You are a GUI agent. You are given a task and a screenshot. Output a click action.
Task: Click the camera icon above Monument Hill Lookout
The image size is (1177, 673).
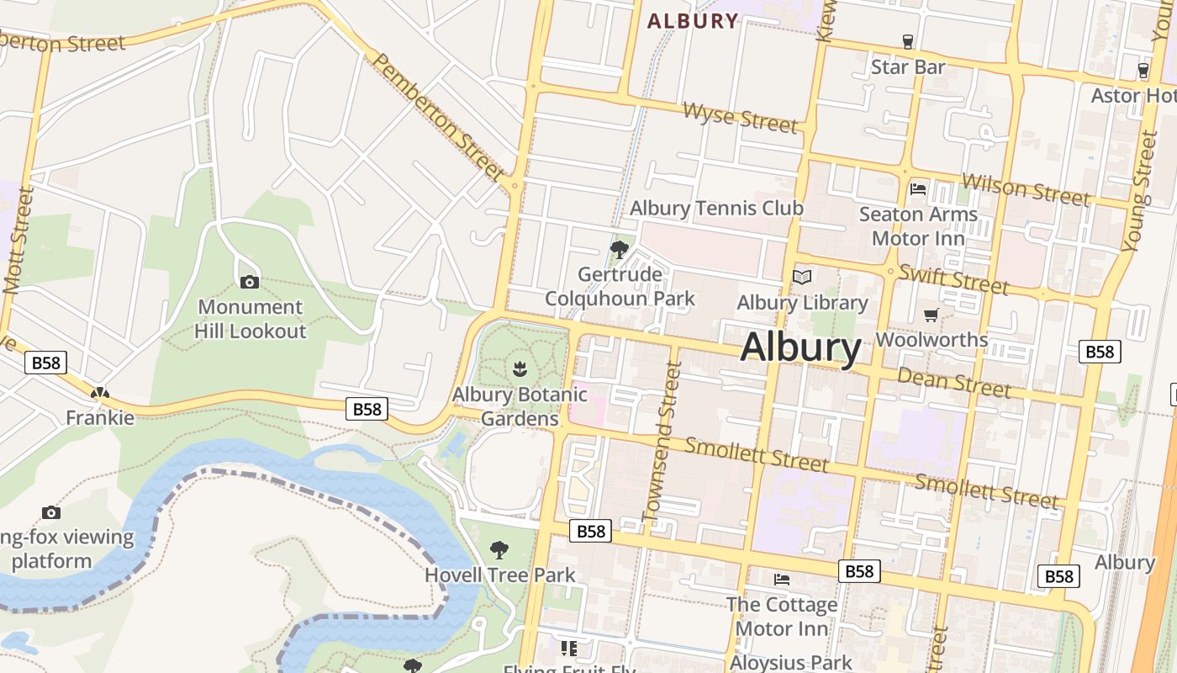click(250, 282)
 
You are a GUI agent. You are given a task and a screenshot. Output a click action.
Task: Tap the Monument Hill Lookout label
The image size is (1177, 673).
click(250, 319)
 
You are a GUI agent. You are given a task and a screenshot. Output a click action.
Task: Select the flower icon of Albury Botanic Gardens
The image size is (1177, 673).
click(520, 368)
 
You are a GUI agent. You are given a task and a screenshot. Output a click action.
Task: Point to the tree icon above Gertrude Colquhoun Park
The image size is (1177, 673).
click(620, 249)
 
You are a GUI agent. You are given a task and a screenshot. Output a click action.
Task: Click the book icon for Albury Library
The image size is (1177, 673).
click(802, 277)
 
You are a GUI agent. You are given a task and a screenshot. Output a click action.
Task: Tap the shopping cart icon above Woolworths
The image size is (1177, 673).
click(931, 315)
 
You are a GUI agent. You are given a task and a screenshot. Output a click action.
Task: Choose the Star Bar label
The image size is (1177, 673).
click(908, 66)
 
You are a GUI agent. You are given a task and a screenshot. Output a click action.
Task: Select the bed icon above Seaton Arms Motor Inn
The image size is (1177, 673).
click(918, 189)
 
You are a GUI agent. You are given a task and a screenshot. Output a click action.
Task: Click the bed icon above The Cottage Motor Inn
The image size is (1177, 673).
click(782, 579)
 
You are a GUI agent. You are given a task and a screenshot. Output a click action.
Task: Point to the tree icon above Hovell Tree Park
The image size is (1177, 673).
click(499, 550)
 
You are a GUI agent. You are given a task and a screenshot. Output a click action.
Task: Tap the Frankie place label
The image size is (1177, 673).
click(100, 417)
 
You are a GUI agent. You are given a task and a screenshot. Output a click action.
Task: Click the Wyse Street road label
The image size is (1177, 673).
click(740, 117)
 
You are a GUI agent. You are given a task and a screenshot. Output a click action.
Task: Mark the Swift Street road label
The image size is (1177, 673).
click(953, 278)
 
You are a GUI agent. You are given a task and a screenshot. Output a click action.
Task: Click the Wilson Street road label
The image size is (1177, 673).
click(1026, 188)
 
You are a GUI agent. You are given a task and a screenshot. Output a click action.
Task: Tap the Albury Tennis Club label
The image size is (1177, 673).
click(716, 208)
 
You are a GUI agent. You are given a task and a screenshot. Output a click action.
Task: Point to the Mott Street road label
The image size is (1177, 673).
click(18, 240)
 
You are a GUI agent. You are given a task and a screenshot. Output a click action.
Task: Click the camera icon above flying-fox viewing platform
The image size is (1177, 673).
click(51, 512)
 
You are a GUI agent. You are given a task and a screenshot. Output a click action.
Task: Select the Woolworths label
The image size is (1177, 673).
click(932, 340)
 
